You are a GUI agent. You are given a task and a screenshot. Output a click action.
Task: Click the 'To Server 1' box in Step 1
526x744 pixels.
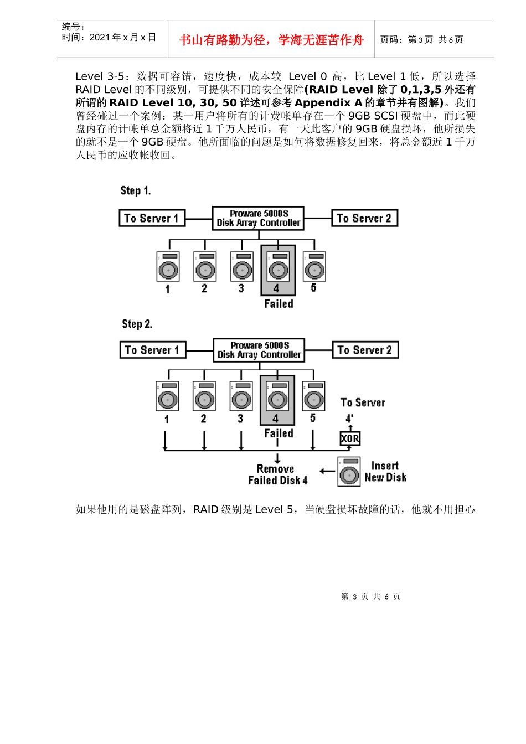pos(152,218)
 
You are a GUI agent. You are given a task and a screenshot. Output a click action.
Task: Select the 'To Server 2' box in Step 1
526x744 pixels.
pos(364,218)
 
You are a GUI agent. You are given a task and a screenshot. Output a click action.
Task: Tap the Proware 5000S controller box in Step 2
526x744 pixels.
pos(259,350)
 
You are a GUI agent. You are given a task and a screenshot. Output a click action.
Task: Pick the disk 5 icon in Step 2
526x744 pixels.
pos(313,396)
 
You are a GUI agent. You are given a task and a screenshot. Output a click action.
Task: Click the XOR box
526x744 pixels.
pos(350,438)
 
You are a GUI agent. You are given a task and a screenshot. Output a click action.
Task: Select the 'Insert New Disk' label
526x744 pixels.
pos(385,472)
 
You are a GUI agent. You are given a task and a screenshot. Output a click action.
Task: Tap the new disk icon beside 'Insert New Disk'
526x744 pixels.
pos(349,472)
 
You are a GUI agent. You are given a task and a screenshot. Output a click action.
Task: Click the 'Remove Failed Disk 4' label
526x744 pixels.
pos(277,474)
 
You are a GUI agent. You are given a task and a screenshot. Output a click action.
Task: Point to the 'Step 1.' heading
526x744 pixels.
pos(136,191)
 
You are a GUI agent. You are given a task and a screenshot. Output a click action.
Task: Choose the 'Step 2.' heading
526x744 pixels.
pos(137,324)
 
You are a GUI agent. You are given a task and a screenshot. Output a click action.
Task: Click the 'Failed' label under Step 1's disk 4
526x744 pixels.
pos(279,304)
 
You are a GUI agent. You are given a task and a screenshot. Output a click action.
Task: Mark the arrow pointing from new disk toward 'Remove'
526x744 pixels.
pos(327,472)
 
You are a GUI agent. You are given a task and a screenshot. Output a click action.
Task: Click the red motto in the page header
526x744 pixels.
pos(271,40)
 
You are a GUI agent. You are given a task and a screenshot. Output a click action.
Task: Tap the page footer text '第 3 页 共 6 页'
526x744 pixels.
pos(370,596)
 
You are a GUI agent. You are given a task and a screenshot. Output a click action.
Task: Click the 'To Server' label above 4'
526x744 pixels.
pos(363,402)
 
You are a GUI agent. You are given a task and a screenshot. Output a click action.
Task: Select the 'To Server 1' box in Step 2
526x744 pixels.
pos(152,350)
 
